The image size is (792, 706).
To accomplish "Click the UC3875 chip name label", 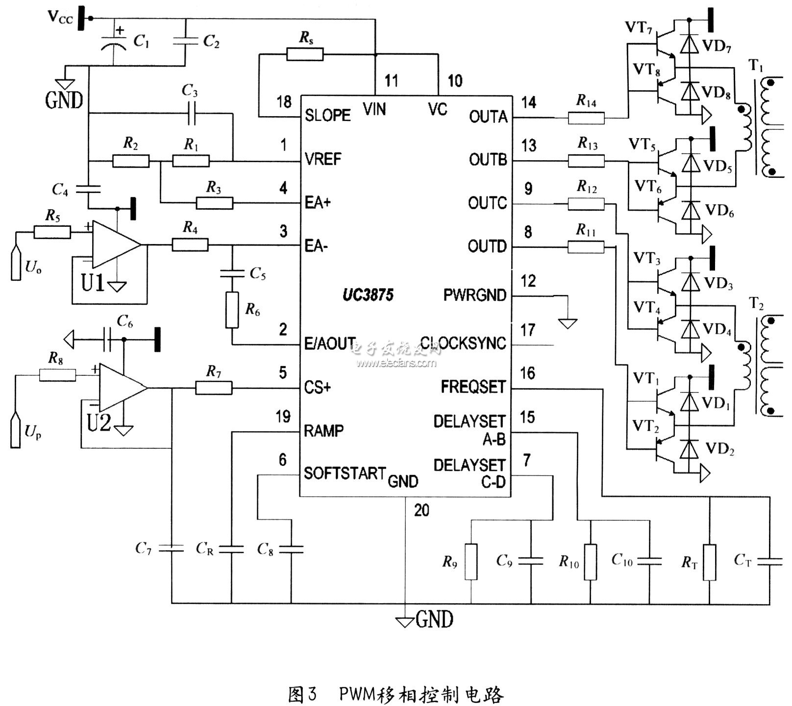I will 368,295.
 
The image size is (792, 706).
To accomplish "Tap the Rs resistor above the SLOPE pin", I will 305,54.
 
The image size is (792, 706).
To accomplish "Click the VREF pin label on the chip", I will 322,159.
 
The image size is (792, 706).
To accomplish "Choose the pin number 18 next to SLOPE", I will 284,102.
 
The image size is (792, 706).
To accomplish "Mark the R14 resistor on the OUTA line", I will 586,118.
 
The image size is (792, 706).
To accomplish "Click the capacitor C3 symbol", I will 191,113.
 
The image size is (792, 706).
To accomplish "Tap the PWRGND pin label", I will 474,295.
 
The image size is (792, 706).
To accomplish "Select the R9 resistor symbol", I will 470,561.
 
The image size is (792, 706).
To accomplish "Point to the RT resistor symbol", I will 709,562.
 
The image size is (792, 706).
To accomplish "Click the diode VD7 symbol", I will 690,45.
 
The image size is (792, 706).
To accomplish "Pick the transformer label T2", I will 756,305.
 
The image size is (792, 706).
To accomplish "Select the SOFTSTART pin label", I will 345,473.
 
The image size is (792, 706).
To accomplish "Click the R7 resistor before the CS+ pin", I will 214,388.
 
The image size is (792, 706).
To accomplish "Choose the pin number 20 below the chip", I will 421,511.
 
